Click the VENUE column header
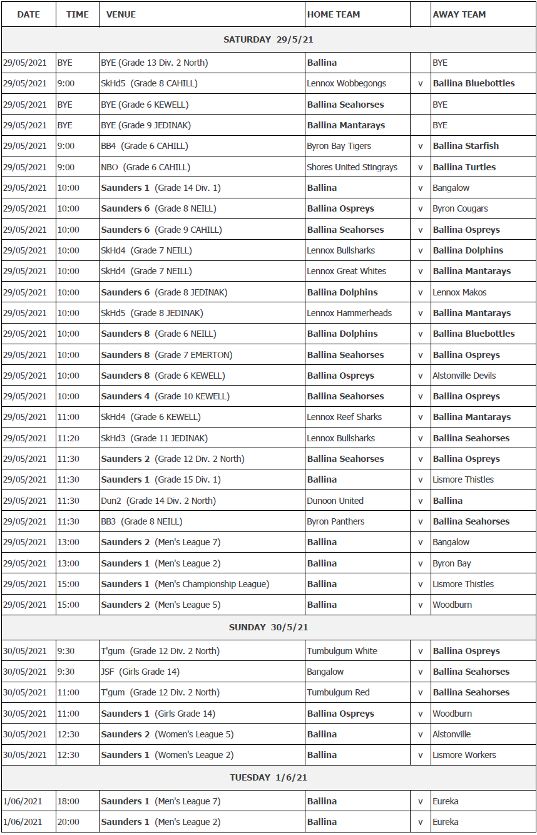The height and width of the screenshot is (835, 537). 121,14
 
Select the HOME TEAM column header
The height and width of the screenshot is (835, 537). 333,14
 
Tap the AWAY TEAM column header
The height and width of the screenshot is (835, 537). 459,14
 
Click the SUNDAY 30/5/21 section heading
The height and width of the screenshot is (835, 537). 268,627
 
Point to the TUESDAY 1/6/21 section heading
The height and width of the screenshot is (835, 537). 268,777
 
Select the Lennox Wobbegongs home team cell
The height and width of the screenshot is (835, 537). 346,83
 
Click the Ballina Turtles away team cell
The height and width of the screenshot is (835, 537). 464,167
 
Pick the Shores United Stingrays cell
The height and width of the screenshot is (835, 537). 352,167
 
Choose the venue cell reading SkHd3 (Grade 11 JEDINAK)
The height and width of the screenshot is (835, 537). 154,438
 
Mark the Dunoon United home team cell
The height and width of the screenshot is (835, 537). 335,501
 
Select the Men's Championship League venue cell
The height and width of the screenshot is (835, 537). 185,584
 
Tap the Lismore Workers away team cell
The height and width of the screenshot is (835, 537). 464,755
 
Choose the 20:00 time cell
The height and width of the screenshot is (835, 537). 68,822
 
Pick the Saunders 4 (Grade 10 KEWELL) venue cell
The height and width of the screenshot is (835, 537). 165,396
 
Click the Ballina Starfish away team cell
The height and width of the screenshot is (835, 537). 466,146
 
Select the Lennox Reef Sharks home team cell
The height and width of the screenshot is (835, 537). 344,417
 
